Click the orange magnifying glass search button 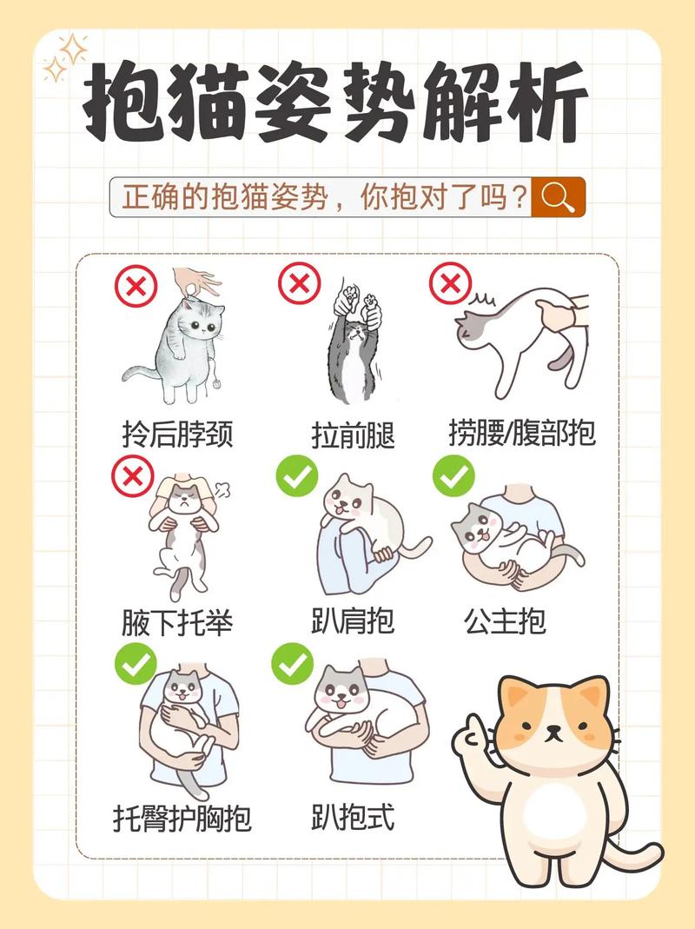558,198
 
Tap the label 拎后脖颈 178,433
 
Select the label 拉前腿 353,434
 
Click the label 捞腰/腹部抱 522,432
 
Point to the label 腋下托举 178,622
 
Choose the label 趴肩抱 353,621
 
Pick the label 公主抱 505,621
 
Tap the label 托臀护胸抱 182,818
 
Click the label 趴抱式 353,817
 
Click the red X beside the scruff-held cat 136,286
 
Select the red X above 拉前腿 299,283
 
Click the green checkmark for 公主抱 453,476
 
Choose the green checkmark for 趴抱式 292,665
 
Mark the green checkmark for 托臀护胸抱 136,665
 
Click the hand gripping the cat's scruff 196,282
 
